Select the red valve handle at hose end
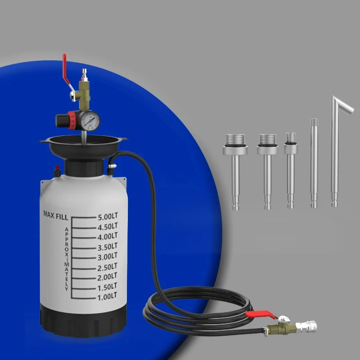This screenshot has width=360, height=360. pos(261,316)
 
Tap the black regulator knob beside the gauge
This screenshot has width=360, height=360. pos(62,120)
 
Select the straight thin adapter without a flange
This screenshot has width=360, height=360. pos(314,162)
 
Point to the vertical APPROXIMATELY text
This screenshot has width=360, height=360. pos(66,259)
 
